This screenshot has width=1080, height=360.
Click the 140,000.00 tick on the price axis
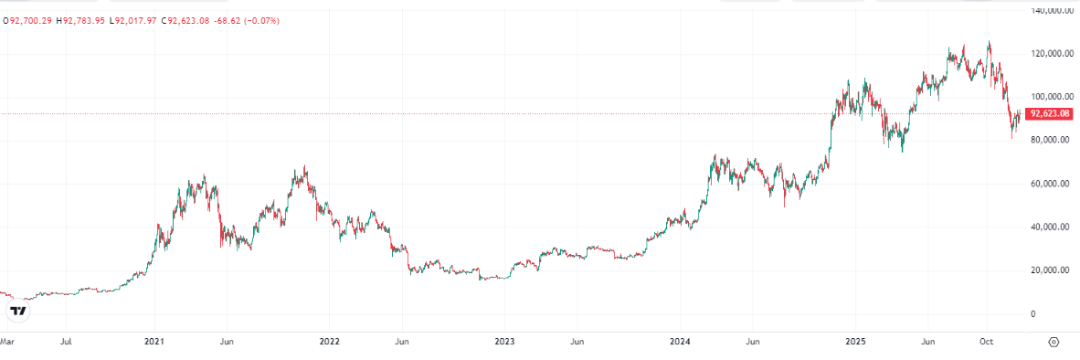click(1052, 11)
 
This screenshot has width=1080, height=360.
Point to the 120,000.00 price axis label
click(1052, 54)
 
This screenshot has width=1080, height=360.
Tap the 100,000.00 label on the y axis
click(1052, 97)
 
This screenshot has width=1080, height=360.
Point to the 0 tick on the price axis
click(1033, 314)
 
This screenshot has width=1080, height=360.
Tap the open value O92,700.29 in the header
click(28, 20)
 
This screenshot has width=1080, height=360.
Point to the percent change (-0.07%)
click(260, 20)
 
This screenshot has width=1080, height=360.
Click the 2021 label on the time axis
click(154, 342)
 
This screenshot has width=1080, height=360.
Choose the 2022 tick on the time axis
click(330, 342)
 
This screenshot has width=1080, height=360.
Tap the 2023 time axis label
click(504, 342)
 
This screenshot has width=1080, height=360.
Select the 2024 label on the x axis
click(680, 342)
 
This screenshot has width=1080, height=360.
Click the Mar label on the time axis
click(7, 342)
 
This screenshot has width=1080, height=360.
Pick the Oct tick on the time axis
click(986, 342)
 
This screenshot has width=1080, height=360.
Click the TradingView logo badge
click(18, 312)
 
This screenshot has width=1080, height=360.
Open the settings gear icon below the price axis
click(1054, 342)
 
